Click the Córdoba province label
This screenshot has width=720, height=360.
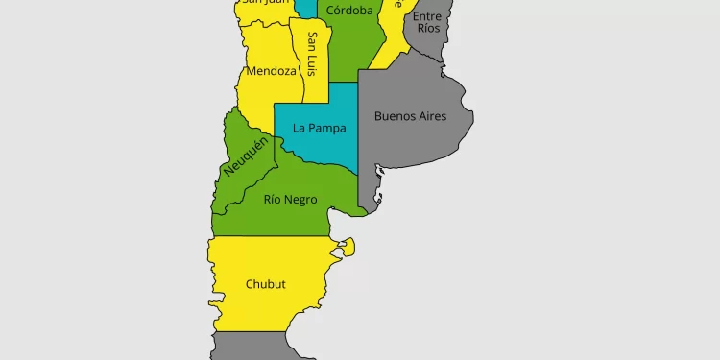tap(349, 11)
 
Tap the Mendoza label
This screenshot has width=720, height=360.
tap(271, 71)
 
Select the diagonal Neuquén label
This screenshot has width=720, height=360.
tap(246, 156)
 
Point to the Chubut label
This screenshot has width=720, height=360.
tap(266, 284)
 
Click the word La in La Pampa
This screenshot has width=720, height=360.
tap(300, 128)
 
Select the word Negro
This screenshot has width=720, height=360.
tap(301, 200)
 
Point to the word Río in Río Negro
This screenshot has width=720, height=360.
tap(274, 200)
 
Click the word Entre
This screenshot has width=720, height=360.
tap(427, 16)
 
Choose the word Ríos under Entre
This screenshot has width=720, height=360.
tap(427, 30)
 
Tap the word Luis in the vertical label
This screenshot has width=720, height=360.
tap(313, 65)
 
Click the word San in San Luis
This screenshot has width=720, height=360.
tap(313, 41)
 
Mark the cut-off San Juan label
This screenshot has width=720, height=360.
tap(265, 3)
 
